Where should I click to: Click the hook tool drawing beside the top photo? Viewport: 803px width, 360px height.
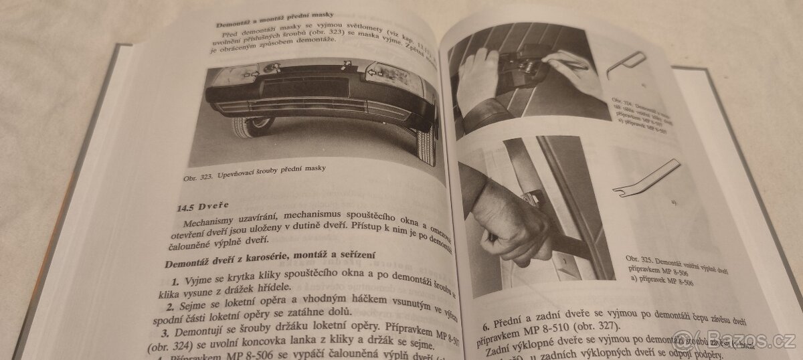pos(625,66)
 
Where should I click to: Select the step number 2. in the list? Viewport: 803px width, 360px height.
pos(171,307)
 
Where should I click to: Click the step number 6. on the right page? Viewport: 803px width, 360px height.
pos(486,327)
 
